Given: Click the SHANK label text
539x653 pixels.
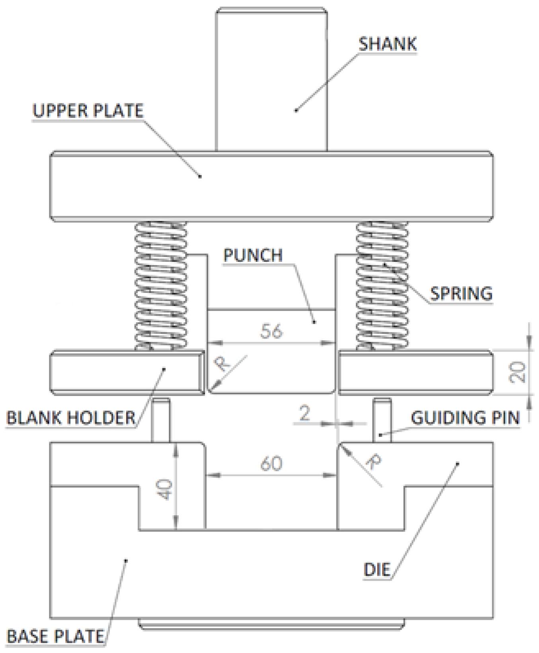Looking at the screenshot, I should coord(387,44).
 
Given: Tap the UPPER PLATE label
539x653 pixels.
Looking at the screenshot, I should coord(88,111).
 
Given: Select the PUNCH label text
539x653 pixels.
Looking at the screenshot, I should coord(253,255).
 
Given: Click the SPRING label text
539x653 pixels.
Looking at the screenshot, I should coord(461,294).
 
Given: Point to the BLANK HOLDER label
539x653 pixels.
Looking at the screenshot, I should coord(71,418).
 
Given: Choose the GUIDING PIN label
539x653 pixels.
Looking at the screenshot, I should coord(465,418).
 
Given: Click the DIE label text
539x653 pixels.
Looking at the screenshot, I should coord(377,570).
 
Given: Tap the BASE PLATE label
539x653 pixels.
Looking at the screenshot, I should coord(56,636).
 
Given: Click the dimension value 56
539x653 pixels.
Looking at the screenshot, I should coord(271,331).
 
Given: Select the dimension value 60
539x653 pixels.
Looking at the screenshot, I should coord(271,464).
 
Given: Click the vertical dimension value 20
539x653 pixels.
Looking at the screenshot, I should coord(518,372).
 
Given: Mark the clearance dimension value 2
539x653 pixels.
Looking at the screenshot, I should coord(305,413).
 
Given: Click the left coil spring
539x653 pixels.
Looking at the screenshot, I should coord(161,286).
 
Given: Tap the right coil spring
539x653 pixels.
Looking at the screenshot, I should coord(382,286).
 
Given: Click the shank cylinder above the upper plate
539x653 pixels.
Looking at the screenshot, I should coord(271,80).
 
